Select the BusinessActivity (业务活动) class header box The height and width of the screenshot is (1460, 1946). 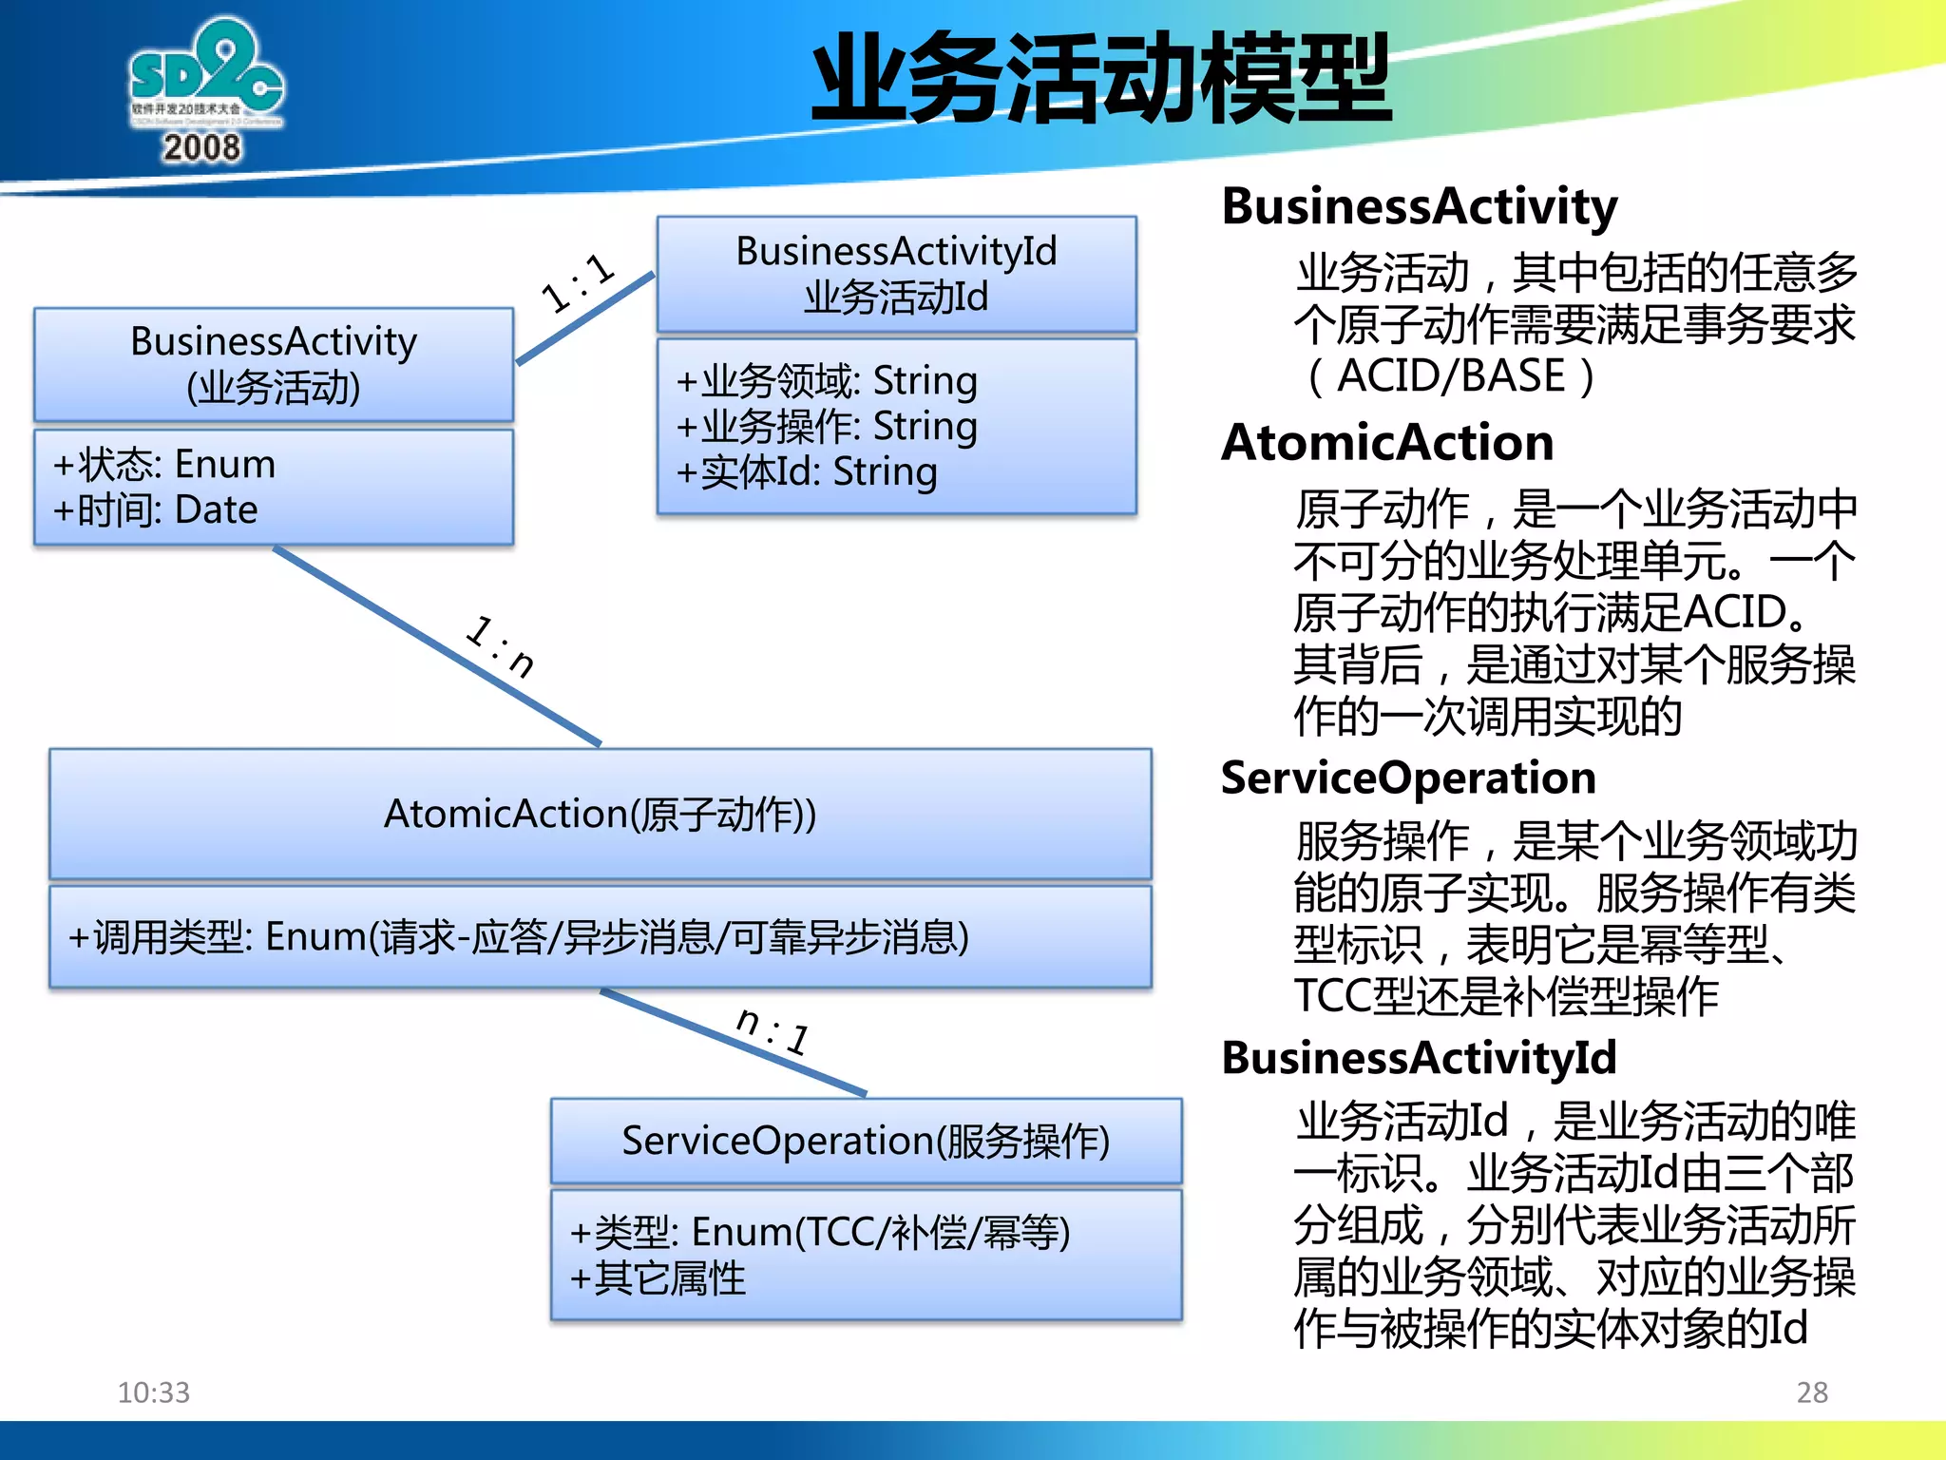[274, 364]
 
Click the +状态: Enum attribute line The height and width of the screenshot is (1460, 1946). [165, 464]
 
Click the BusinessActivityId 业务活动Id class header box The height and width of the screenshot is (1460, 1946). [896, 274]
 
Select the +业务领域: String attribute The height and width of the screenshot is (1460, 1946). [827, 380]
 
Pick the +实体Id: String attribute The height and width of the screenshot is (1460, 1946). [807, 471]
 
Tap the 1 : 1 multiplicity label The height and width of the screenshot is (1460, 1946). [578, 282]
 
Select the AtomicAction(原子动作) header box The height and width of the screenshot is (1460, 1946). [600, 814]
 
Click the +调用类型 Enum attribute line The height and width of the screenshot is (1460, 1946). [519, 937]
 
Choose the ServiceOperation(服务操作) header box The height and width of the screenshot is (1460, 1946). [866, 1141]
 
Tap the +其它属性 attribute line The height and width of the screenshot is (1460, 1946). [658, 1278]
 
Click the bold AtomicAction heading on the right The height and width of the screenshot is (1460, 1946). [1387, 443]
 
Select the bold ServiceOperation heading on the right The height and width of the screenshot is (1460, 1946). [1408, 778]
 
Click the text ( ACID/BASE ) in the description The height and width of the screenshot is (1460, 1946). [1450, 376]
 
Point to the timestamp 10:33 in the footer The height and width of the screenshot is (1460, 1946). [154, 1393]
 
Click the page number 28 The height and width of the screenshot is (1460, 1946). [1811, 1393]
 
